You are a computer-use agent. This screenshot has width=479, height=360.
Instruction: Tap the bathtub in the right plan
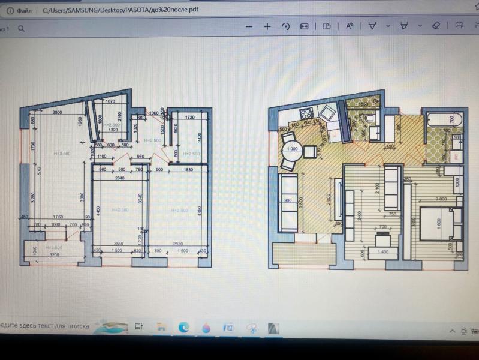point(442,119)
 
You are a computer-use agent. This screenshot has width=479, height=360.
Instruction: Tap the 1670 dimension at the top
point(110,102)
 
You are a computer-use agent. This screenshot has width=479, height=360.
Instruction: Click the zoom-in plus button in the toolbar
point(267,26)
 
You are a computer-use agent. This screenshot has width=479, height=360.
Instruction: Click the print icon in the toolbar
point(459,26)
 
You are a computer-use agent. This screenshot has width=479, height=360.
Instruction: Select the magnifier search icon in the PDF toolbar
point(22,28)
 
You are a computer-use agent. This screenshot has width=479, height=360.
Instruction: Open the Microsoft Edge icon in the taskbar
point(183,327)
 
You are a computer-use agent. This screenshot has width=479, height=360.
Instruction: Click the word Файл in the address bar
point(25,10)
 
